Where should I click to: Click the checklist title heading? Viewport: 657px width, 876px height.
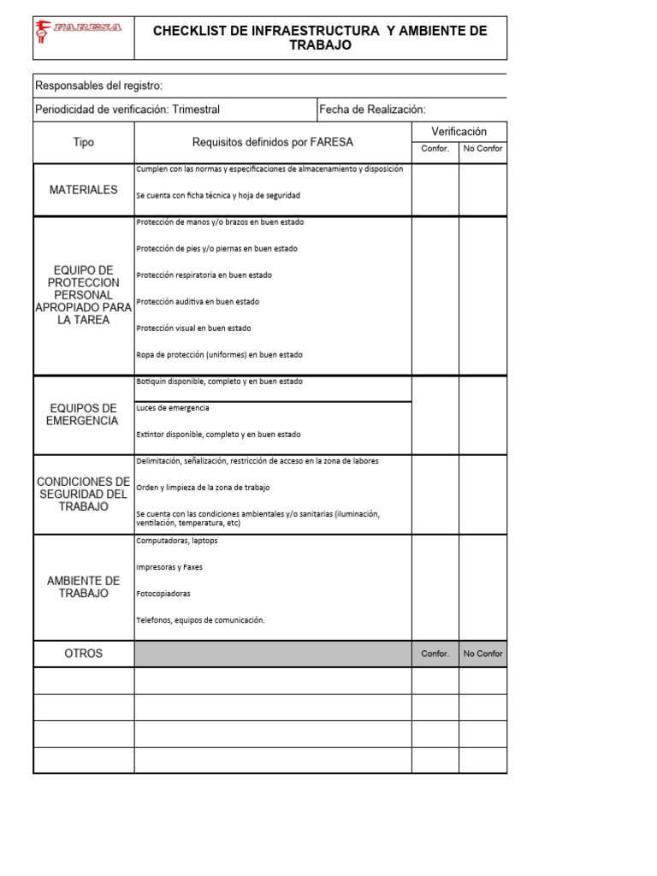click(x=320, y=38)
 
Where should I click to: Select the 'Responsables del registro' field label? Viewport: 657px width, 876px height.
click(x=98, y=86)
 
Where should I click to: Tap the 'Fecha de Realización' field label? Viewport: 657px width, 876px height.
click(x=372, y=109)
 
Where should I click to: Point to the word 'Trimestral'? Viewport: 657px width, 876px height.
click(x=196, y=109)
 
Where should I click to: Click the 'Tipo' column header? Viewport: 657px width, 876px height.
click(x=84, y=142)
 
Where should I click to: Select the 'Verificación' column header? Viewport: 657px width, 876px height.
click(x=459, y=132)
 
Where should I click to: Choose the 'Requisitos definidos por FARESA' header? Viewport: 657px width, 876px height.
click(x=272, y=142)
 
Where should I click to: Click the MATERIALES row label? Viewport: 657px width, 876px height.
click(x=84, y=190)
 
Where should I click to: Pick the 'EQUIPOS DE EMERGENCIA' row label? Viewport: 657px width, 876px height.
click(x=84, y=414)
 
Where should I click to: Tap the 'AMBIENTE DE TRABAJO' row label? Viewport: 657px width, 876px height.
click(x=84, y=587)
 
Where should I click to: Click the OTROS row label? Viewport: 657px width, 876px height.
click(x=84, y=654)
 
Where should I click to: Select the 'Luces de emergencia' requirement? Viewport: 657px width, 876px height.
click(x=173, y=408)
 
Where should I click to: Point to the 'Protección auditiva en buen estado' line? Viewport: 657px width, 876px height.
click(x=198, y=302)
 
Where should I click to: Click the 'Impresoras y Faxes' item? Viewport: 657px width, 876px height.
click(x=169, y=567)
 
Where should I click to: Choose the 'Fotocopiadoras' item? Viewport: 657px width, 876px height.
click(x=163, y=594)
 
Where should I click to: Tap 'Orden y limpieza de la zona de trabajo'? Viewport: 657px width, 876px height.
click(x=203, y=488)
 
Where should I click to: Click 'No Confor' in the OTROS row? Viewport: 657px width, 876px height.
click(x=482, y=654)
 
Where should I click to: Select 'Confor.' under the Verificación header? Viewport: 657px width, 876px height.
click(x=435, y=149)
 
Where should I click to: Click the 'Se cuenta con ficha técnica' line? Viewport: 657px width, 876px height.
click(x=218, y=196)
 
